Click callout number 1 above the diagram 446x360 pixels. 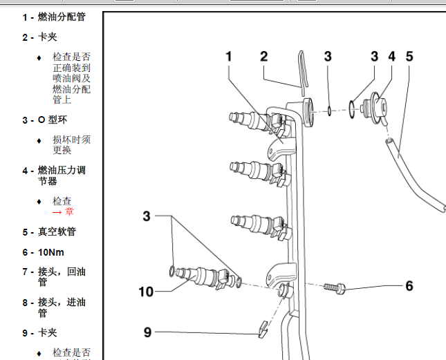pyautogui.click(x=229, y=57)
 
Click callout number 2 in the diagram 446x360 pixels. pyautogui.click(x=264, y=57)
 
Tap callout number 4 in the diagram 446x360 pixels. pyautogui.click(x=391, y=57)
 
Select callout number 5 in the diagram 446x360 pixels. pyautogui.click(x=409, y=57)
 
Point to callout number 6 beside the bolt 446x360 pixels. pyautogui.click(x=409, y=285)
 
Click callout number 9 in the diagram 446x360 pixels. pyautogui.click(x=147, y=332)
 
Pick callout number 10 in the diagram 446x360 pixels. pyautogui.click(x=146, y=292)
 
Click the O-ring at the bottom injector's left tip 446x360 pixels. pyautogui.click(x=171, y=269)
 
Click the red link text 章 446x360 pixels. pyautogui.click(x=69, y=212)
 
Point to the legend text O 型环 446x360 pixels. pyautogui.click(x=53, y=120)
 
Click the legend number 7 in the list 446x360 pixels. pyautogui.click(x=25, y=272)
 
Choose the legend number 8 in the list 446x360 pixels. pyautogui.click(x=25, y=303)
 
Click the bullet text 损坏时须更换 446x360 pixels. pyautogui.click(x=71, y=144)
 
